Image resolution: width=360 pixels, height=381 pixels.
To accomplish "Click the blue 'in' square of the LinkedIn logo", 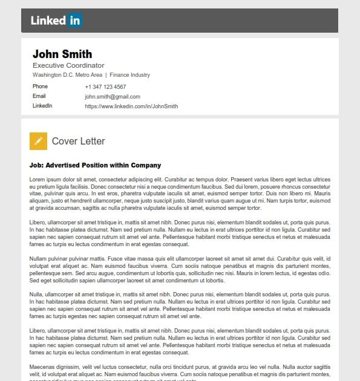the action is pyautogui.click(x=75, y=21).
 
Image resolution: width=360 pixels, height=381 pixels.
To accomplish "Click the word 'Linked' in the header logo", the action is pyautogui.click(x=48, y=21).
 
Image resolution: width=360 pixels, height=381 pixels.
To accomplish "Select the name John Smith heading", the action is pyautogui.click(x=62, y=54).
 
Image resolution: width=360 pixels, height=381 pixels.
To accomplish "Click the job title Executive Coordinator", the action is pyautogui.click(x=68, y=65).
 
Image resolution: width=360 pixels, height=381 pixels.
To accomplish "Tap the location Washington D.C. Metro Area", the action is pyautogui.click(x=67, y=75).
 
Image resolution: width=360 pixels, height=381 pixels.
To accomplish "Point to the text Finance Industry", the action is pyautogui.click(x=130, y=75).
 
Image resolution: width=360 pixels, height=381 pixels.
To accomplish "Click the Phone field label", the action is pyautogui.click(x=40, y=86).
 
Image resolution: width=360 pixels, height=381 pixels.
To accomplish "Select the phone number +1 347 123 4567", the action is pyautogui.click(x=105, y=87).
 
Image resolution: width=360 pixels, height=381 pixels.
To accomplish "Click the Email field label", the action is pyautogui.click(x=39, y=96).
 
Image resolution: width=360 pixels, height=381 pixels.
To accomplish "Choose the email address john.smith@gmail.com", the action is pyautogui.click(x=113, y=97).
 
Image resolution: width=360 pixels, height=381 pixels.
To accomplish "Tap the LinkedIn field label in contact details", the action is pyautogui.click(x=42, y=106).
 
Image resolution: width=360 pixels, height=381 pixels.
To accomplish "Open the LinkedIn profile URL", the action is pyautogui.click(x=131, y=106).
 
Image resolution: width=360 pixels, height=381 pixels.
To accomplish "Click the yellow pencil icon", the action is pyautogui.click(x=38, y=141).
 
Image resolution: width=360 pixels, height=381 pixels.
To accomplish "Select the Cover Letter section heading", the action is pyautogui.click(x=79, y=142).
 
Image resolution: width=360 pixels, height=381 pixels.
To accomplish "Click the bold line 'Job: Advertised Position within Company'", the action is pyautogui.click(x=95, y=165).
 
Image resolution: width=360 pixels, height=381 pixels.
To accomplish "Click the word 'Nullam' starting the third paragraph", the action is pyautogui.click(x=38, y=259).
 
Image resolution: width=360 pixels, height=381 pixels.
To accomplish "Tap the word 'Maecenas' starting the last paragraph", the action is pyautogui.click(x=42, y=367).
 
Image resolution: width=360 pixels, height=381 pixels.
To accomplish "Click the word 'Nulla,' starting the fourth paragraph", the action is pyautogui.click(x=37, y=295).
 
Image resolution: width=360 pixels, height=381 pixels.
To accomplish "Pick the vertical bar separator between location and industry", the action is pyautogui.click(x=106, y=75).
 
